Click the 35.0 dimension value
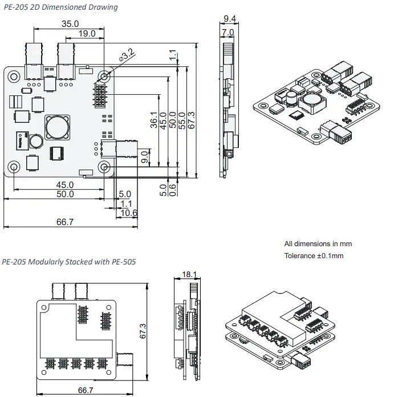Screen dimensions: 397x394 pos(70,24)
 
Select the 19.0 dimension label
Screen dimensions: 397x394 pos(86,34)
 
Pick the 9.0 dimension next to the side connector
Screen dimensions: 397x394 pos(145,156)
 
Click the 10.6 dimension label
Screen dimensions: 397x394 pos(129,213)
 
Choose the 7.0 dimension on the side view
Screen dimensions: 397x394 pos(228,33)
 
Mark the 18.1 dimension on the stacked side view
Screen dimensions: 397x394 pos(190,275)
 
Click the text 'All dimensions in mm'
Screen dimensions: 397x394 pos(318,244)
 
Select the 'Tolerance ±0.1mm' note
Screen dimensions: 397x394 pos(314,256)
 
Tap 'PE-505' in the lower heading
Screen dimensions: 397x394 pos(122,262)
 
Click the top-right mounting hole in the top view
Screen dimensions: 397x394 pos(105,76)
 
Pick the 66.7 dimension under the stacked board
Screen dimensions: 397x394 pos(86,390)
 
